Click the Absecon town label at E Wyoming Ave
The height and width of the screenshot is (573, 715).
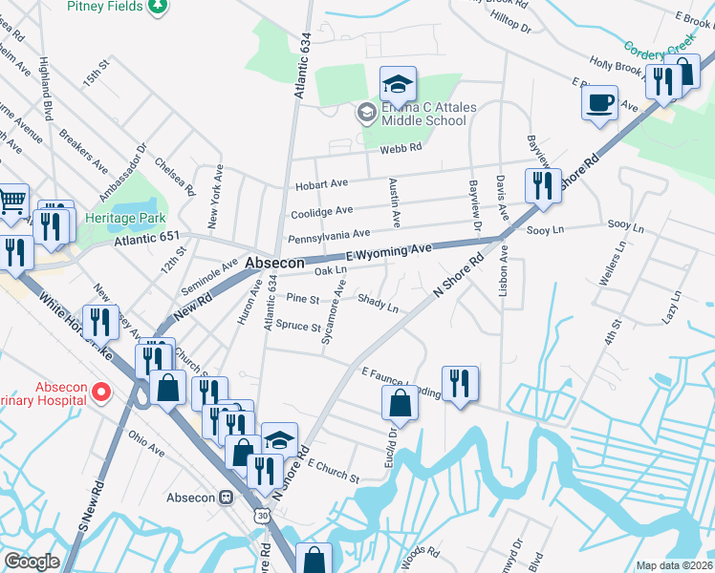[x=274, y=263]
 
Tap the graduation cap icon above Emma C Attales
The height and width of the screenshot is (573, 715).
[x=397, y=85]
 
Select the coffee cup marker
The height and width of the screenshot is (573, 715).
[x=599, y=102]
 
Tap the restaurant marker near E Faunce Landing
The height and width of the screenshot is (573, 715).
[x=460, y=383]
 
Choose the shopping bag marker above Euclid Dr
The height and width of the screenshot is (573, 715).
[x=399, y=403]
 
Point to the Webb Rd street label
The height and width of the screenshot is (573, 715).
[x=402, y=148]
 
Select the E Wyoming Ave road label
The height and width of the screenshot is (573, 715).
[x=389, y=250]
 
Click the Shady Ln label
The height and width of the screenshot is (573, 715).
[x=378, y=303]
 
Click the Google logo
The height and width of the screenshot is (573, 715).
[x=32, y=562]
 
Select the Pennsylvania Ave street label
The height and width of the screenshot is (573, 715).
[x=329, y=234]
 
